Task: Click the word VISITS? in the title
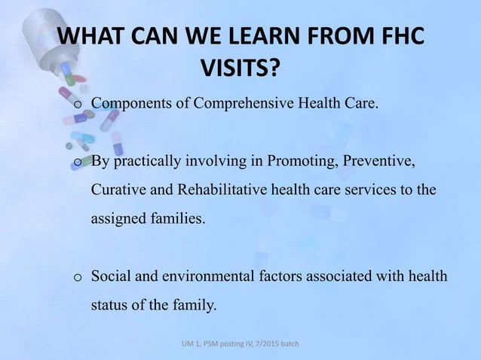click(x=240, y=69)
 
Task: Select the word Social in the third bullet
click(x=109, y=276)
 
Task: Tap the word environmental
click(x=198, y=276)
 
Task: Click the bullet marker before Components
click(x=77, y=103)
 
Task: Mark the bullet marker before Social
click(x=77, y=277)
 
